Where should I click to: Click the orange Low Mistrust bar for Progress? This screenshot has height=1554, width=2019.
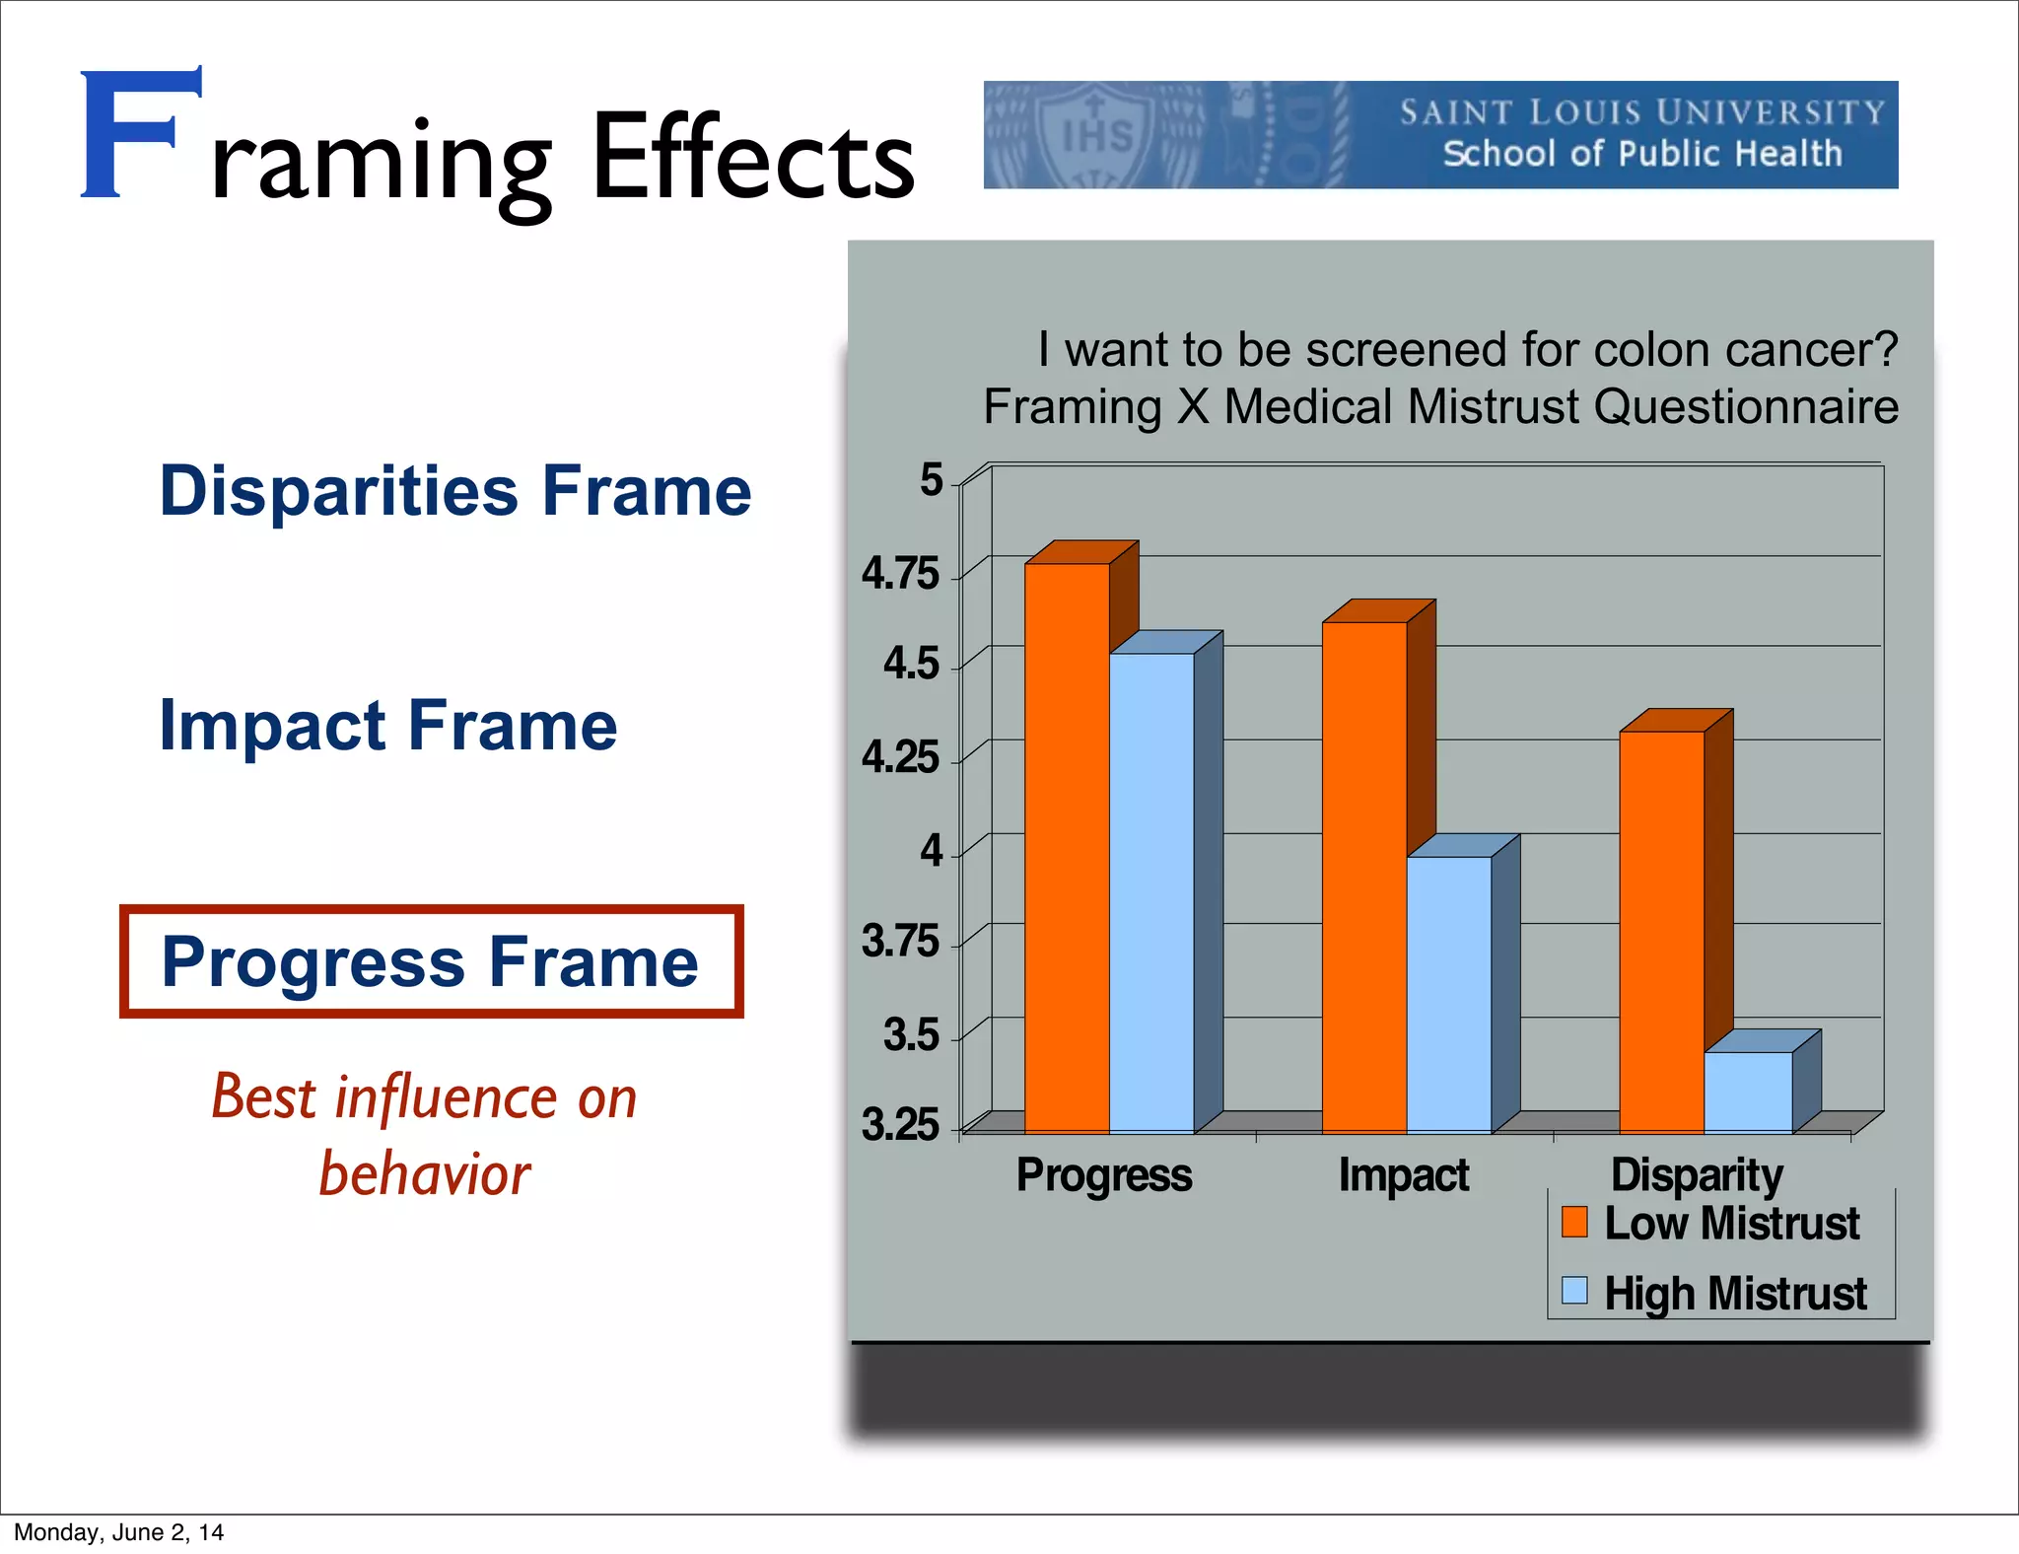pos(1067,848)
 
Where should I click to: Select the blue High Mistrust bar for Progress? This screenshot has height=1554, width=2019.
pos(1151,892)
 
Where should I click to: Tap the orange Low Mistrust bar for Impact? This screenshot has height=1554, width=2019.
pos(1364,878)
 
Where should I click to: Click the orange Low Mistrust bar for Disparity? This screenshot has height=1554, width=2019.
pos(1662,932)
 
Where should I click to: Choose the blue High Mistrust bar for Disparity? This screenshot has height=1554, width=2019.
pos(1748,1092)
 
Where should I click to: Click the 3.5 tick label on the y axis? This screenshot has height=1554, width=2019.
pos(911,1034)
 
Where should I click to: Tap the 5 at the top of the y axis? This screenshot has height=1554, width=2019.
pos(931,480)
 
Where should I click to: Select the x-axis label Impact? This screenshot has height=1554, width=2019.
pos(1404,1175)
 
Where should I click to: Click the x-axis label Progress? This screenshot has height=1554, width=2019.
pos(1104,1175)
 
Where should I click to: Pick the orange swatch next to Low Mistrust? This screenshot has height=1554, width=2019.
pos(1574,1222)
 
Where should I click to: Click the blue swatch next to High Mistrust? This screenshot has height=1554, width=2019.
pos(1574,1290)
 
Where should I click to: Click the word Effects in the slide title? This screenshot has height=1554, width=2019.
pos(753,158)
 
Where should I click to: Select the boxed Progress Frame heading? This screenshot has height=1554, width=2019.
pos(431,961)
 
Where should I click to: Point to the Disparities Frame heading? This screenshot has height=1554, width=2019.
pos(454,490)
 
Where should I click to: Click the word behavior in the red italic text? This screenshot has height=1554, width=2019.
pos(425,1174)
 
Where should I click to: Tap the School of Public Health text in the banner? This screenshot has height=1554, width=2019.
pos(1642,154)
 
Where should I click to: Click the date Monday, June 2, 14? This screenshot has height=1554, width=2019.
pos(118,1532)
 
